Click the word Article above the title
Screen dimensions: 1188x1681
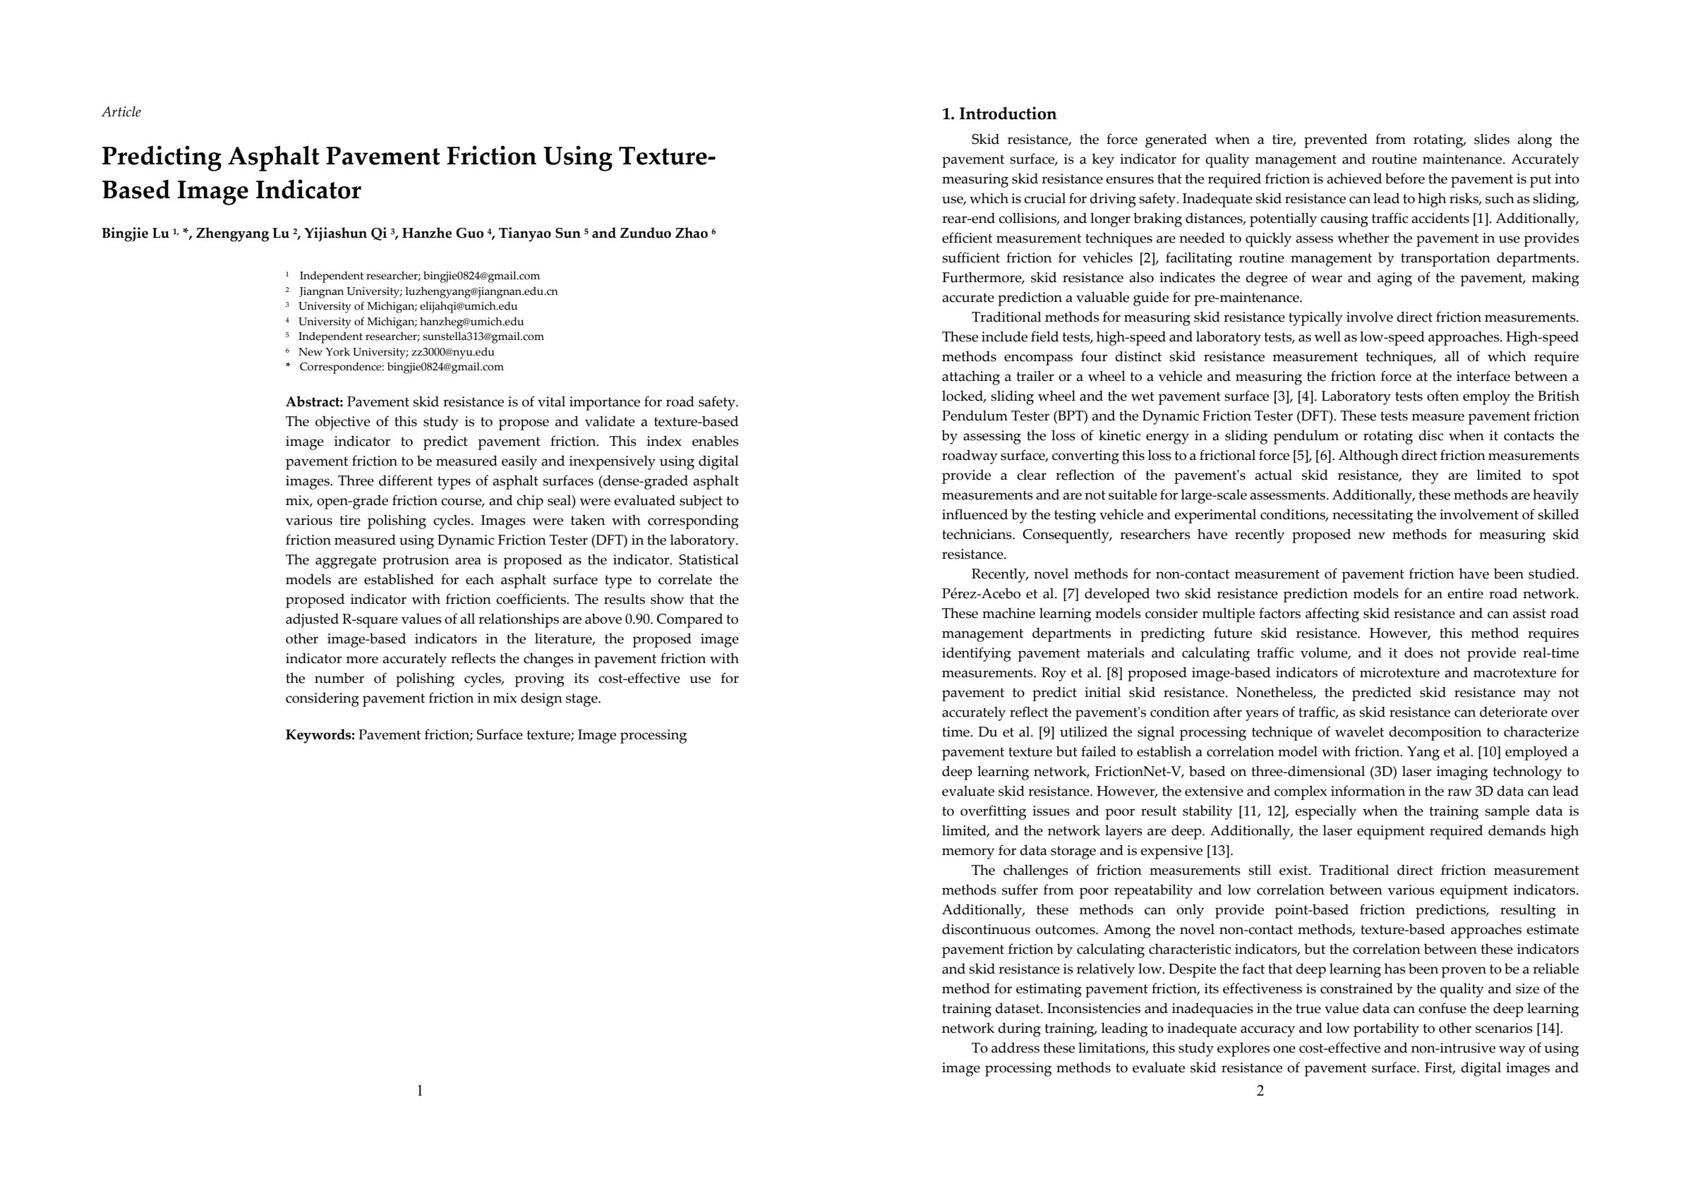(x=121, y=112)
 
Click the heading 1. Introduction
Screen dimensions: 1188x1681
(x=999, y=114)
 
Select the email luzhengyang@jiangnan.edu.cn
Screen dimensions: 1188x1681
(x=481, y=291)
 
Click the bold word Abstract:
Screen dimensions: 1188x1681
(x=314, y=402)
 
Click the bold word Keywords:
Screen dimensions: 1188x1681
(x=320, y=735)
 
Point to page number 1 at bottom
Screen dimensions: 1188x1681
(x=419, y=1091)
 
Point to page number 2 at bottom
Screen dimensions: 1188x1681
(x=1260, y=1091)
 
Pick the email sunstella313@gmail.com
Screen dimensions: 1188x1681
(x=483, y=337)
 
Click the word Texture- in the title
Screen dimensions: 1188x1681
(x=666, y=157)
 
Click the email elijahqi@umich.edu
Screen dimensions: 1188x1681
(x=469, y=306)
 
